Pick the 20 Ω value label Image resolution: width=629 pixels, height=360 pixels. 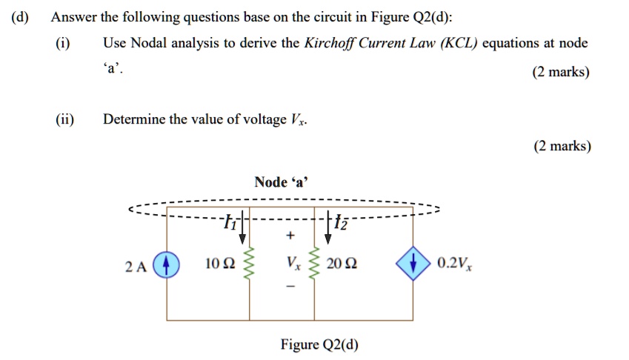pos(349,264)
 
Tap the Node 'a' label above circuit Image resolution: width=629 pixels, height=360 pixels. pos(284,181)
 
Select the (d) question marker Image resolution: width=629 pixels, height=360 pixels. pos(19,18)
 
